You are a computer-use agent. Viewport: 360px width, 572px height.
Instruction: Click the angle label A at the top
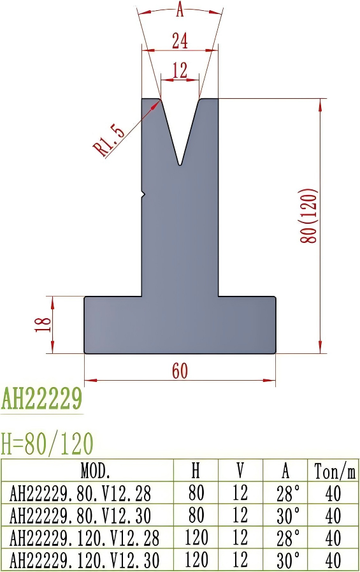click(180, 10)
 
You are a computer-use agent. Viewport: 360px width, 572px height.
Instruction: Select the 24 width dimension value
click(180, 41)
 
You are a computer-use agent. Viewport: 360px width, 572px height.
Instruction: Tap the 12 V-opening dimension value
click(180, 70)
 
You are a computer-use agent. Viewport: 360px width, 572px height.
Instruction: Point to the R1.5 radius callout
click(108, 140)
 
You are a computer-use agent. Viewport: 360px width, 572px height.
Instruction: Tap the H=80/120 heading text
click(47, 442)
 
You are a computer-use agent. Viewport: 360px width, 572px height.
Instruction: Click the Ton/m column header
click(334, 471)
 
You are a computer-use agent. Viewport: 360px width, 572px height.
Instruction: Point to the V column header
click(241, 471)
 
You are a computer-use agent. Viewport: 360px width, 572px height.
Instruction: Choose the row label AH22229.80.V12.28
click(81, 494)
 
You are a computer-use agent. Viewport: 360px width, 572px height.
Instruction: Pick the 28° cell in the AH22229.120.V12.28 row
click(285, 538)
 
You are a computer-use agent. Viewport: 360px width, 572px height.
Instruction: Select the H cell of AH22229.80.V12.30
click(196, 516)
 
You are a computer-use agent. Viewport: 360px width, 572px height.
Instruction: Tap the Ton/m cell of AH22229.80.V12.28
click(333, 494)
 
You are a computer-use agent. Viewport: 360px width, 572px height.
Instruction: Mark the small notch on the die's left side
click(143, 193)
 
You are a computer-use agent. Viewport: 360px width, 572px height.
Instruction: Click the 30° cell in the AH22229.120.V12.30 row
click(285, 561)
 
